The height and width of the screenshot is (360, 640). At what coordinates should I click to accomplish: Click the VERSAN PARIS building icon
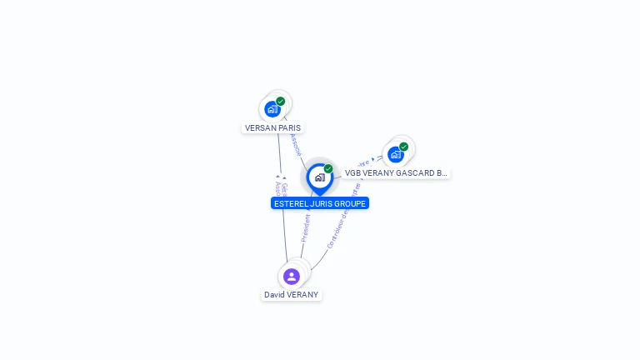(272, 109)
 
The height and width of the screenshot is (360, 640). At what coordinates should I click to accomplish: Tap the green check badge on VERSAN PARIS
(281, 101)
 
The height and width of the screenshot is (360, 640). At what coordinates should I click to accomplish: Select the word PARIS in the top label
(289, 128)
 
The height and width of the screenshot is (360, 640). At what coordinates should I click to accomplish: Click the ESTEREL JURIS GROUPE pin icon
(319, 177)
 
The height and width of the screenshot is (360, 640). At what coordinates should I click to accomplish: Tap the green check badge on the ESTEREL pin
(328, 168)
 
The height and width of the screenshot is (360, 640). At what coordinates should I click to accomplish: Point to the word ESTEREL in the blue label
(291, 203)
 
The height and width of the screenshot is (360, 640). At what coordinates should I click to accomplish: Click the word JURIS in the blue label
(323, 203)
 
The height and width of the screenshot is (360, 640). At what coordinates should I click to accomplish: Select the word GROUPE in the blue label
(352, 203)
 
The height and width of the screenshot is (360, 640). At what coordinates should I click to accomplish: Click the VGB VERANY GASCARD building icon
(395, 155)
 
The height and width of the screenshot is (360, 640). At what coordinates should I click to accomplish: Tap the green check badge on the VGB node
(404, 147)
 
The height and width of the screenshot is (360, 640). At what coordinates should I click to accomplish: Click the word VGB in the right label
(353, 173)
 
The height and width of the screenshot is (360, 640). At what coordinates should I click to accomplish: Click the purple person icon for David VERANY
(291, 276)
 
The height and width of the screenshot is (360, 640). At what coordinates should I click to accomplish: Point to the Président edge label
(306, 227)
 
